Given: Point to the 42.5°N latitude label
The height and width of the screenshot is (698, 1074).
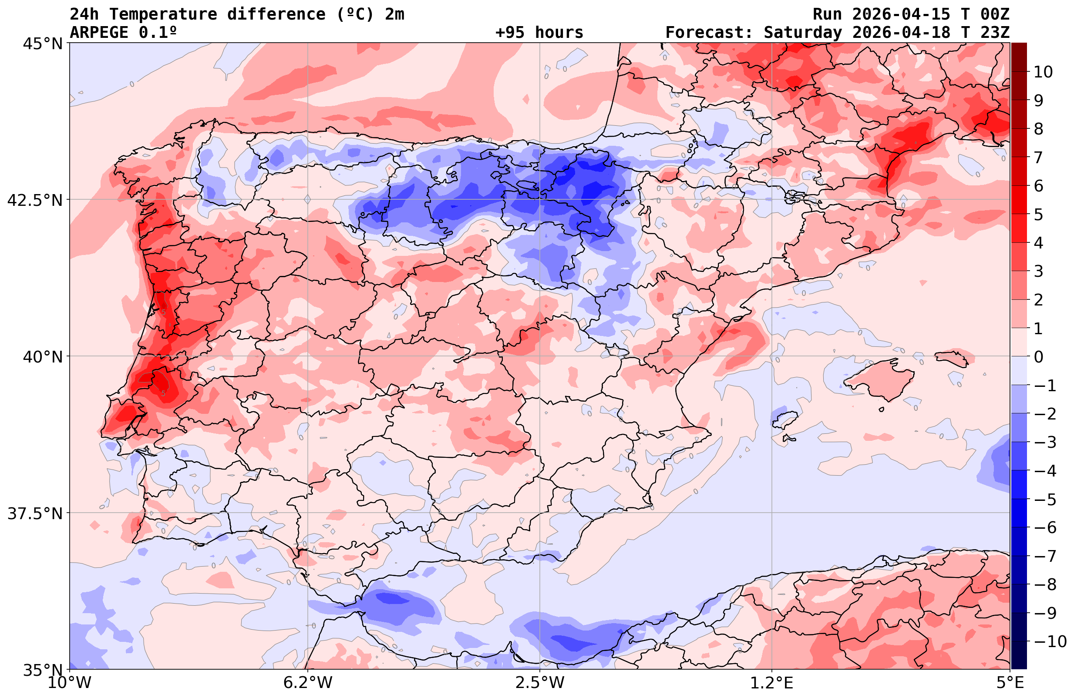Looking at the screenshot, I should tap(34, 200).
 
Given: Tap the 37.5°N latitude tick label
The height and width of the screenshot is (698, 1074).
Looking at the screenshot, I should tap(34, 513).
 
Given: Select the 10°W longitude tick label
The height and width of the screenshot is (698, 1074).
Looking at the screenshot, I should tap(70, 683).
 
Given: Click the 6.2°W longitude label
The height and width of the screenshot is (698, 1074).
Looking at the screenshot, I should tap(308, 683).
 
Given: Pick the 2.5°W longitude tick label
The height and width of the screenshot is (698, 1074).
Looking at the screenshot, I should tap(540, 683).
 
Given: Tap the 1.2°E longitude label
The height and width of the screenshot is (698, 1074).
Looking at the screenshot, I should tap(772, 683).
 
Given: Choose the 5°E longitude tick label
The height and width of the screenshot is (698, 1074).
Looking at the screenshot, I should tap(1010, 683).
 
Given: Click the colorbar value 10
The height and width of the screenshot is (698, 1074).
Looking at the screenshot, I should tap(1043, 72).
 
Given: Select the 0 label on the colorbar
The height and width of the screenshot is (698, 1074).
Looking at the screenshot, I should tap(1038, 357).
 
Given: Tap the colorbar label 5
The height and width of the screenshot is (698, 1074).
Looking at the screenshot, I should tap(1038, 215).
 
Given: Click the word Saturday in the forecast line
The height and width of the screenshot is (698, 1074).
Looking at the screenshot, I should tap(802, 33).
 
